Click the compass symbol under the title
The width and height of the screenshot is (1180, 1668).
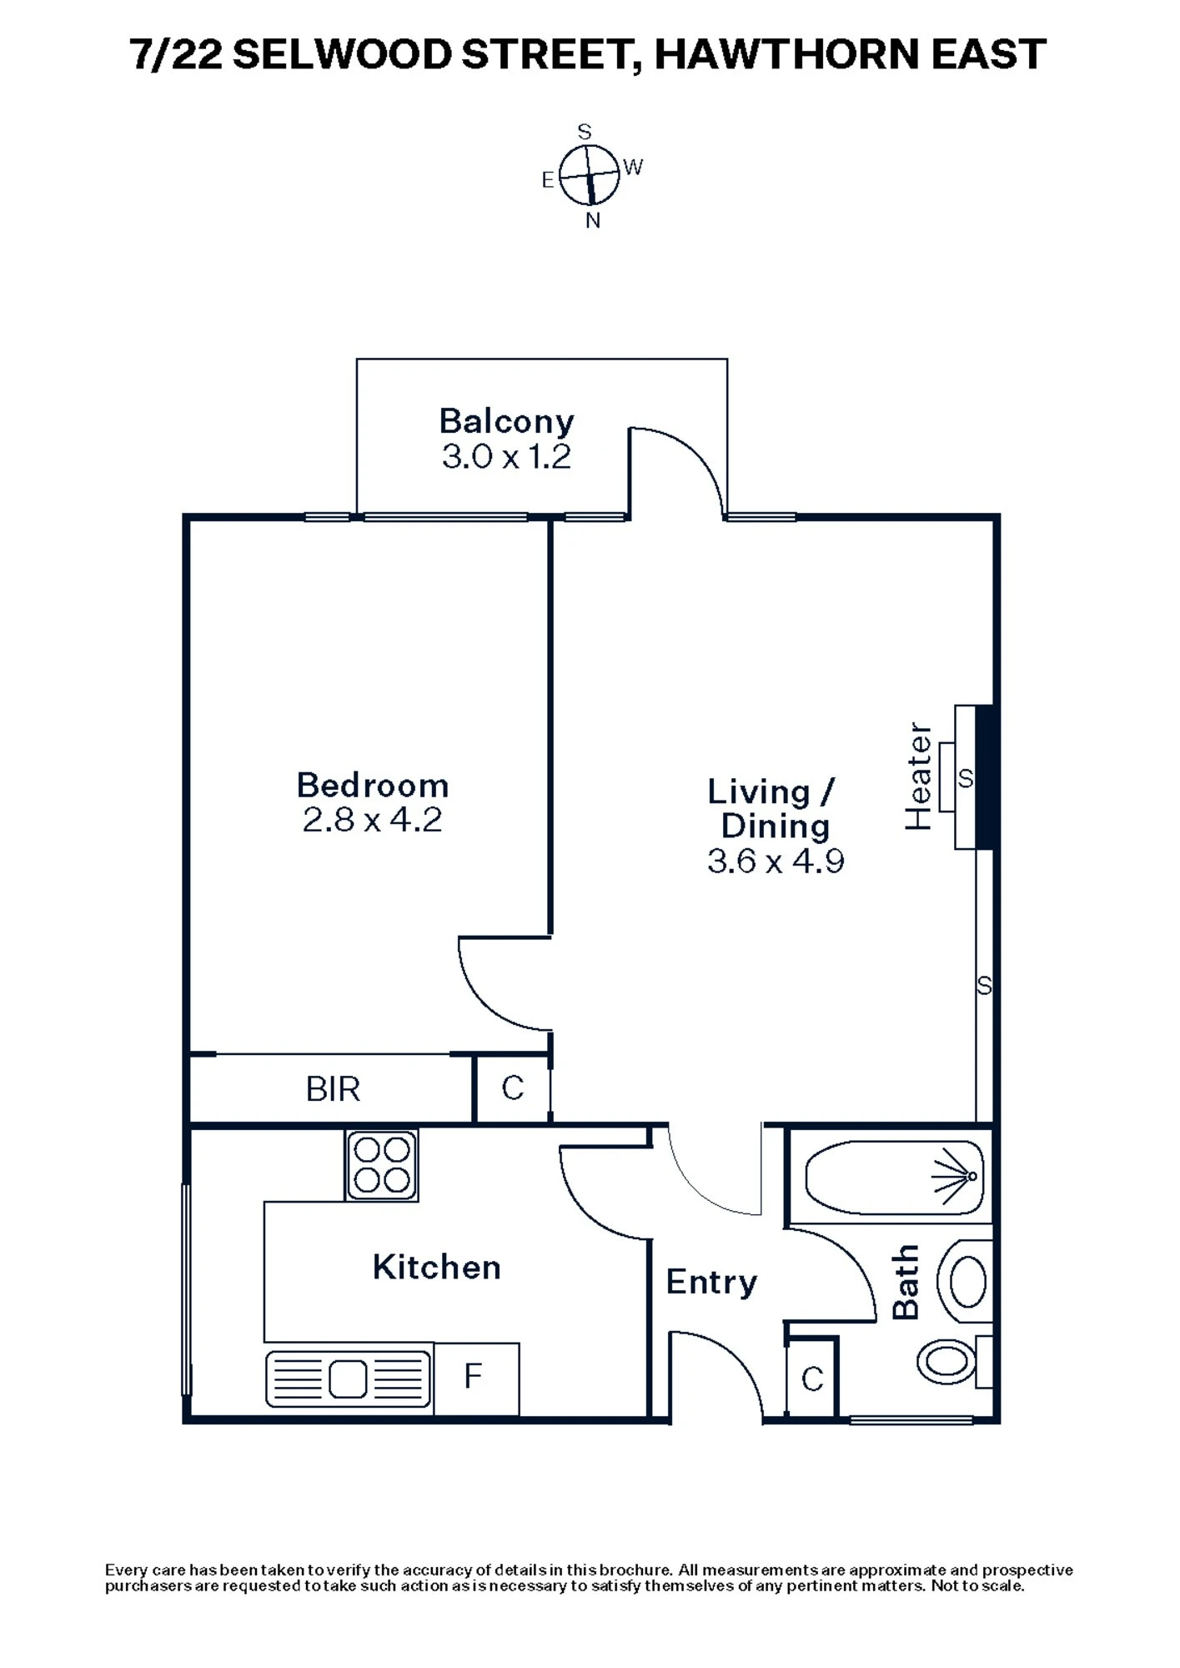[x=590, y=176]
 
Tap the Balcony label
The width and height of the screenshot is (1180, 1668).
[x=506, y=421]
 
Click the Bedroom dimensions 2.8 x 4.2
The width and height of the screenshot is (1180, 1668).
[x=372, y=820]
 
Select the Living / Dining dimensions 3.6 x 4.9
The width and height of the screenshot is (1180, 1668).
[x=776, y=861]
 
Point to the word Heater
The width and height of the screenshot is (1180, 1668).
[x=918, y=776]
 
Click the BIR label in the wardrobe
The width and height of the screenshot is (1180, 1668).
[x=333, y=1089]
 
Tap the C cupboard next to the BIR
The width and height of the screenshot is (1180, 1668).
[x=512, y=1088]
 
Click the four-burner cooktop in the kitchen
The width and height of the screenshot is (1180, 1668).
[x=382, y=1165]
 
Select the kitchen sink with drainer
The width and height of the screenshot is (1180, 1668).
[x=349, y=1379]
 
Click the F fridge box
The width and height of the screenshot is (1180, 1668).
[x=474, y=1377]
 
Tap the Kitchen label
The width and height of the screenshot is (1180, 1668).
[x=436, y=1268]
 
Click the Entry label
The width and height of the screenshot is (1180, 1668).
[x=711, y=1282]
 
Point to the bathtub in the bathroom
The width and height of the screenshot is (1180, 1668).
[x=894, y=1178]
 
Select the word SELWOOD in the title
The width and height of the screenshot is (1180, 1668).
[x=342, y=55]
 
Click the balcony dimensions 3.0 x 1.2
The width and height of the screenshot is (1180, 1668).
[x=506, y=457]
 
